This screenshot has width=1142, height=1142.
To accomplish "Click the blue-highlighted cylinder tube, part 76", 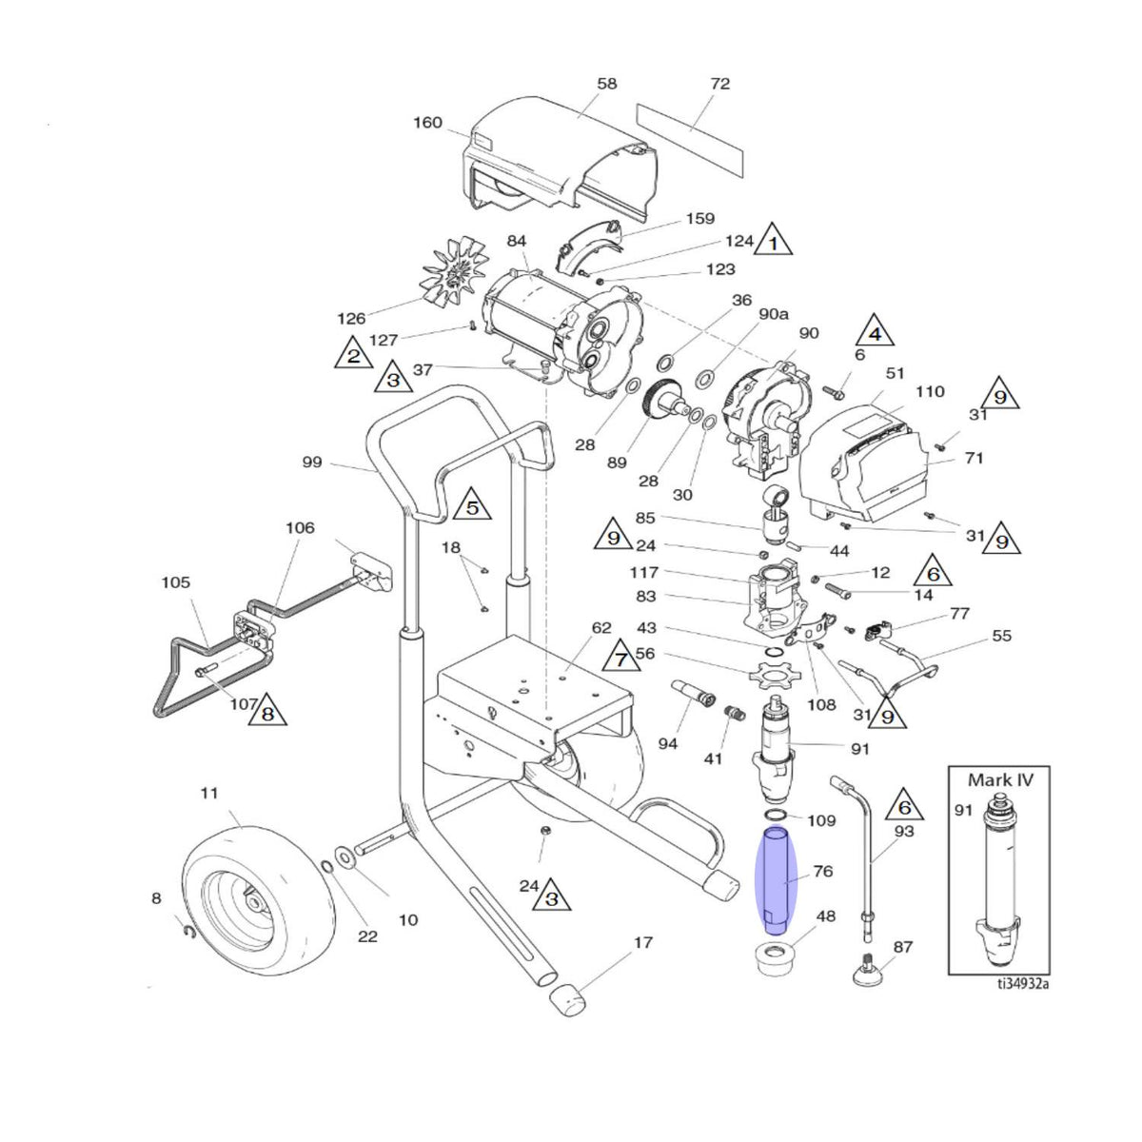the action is pos(777,881).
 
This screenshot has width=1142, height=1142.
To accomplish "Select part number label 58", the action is pos(607,84).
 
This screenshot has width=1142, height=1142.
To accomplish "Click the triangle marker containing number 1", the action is pos(773,240).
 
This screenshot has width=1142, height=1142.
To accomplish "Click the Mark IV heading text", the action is pos(1000,780).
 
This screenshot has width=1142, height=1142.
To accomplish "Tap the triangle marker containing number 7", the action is pos(620,657).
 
